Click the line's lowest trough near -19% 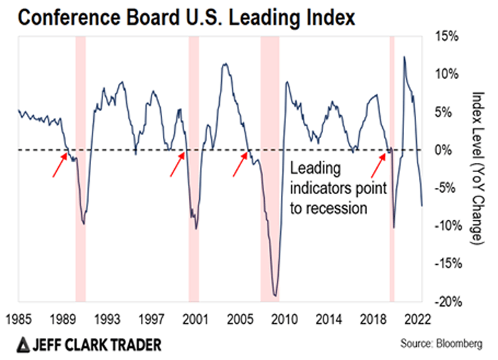[275, 295]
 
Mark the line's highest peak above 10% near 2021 [405, 57]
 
